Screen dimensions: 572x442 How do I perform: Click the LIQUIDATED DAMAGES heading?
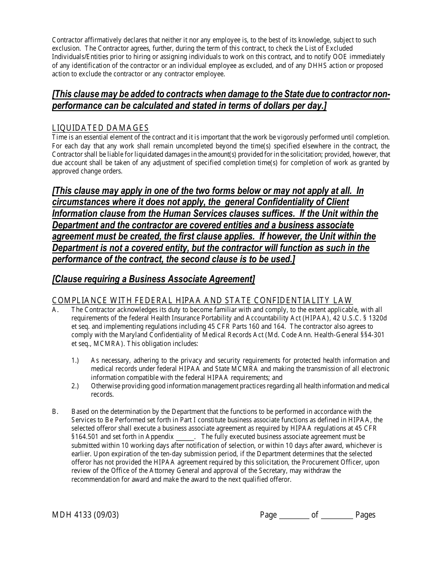click(x=100, y=128)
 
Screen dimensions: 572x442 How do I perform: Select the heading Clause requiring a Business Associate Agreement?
click(x=154, y=279)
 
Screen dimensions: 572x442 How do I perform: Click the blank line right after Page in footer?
click(x=294, y=515)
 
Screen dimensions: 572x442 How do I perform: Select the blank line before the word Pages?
click(x=337, y=515)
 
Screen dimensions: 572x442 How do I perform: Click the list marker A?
click(x=55, y=310)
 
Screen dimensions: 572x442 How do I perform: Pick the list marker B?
click(x=55, y=412)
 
